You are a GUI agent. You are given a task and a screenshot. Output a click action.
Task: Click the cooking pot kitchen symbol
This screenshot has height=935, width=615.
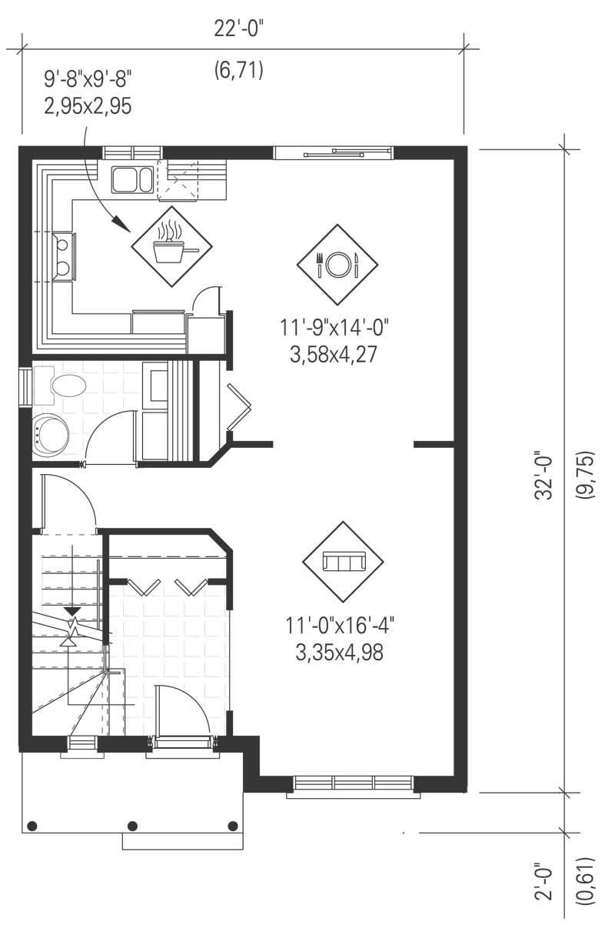[x=171, y=245]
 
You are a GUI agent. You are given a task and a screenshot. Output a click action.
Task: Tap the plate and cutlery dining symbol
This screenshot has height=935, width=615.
[x=337, y=264]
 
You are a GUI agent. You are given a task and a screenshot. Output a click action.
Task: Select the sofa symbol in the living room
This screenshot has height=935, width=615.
[x=343, y=562]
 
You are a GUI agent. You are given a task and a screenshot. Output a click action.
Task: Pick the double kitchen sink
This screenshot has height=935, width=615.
[x=132, y=179]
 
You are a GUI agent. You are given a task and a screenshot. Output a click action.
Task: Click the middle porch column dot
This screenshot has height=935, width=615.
[x=132, y=826]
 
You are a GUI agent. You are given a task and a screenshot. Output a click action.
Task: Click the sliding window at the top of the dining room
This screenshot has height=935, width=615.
[x=334, y=152]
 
